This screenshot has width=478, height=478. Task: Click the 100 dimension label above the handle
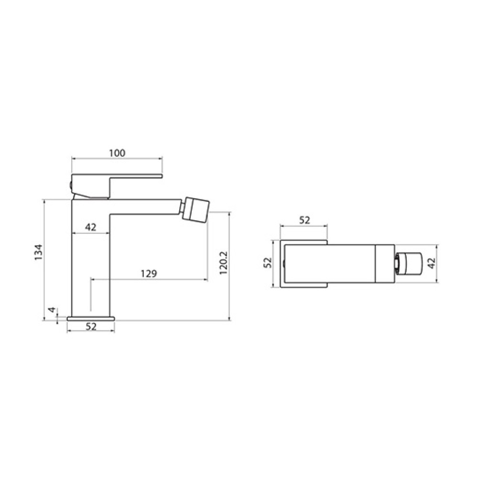(x=117, y=153)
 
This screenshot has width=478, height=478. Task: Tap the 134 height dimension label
(x=39, y=252)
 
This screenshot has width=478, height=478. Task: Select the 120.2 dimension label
(x=224, y=263)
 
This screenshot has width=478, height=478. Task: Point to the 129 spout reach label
(x=149, y=273)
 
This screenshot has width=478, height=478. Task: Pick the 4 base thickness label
(x=53, y=310)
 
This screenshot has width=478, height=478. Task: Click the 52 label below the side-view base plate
(x=91, y=326)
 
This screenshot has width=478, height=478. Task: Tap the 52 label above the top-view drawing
(x=304, y=220)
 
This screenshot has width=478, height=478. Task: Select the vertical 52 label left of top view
(x=267, y=263)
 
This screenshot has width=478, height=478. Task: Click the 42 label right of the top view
(x=431, y=263)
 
